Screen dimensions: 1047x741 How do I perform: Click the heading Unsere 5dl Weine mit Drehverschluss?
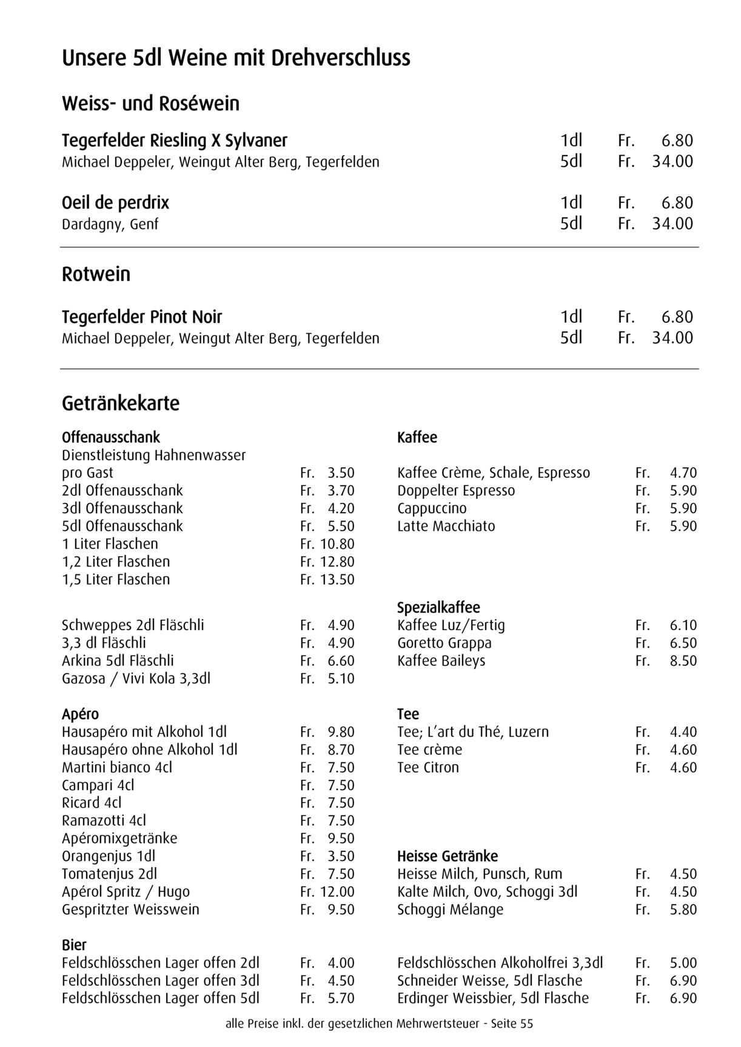click(x=236, y=58)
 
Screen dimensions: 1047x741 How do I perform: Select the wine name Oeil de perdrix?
click(x=115, y=202)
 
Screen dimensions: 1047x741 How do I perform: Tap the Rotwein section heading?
click(x=96, y=274)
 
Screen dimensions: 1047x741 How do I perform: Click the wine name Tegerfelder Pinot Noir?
click(x=142, y=317)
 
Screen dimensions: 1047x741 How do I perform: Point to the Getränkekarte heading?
click(x=121, y=404)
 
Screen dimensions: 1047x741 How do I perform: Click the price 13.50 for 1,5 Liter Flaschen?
click(x=337, y=580)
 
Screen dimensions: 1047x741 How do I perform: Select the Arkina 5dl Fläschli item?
click(x=118, y=661)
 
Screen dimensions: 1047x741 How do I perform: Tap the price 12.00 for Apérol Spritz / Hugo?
click(x=337, y=892)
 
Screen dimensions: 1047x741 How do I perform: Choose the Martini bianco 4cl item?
click(x=117, y=768)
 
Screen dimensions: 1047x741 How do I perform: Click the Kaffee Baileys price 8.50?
click(x=683, y=661)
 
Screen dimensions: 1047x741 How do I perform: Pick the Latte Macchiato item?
click(x=446, y=527)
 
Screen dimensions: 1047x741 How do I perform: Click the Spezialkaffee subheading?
click(x=438, y=608)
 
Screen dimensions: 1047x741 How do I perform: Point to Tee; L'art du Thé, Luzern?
click(x=473, y=732)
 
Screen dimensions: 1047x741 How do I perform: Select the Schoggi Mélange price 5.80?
click(x=683, y=910)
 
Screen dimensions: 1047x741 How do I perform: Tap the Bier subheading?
click(x=74, y=945)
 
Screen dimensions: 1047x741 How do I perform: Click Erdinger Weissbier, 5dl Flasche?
click(x=493, y=999)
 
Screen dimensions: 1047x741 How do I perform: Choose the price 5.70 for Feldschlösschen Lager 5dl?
click(x=341, y=999)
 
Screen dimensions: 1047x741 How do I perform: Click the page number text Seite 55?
click(x=512, y=1025)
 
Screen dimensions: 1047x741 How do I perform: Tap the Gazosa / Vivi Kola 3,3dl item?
click(x=136, y=679)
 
